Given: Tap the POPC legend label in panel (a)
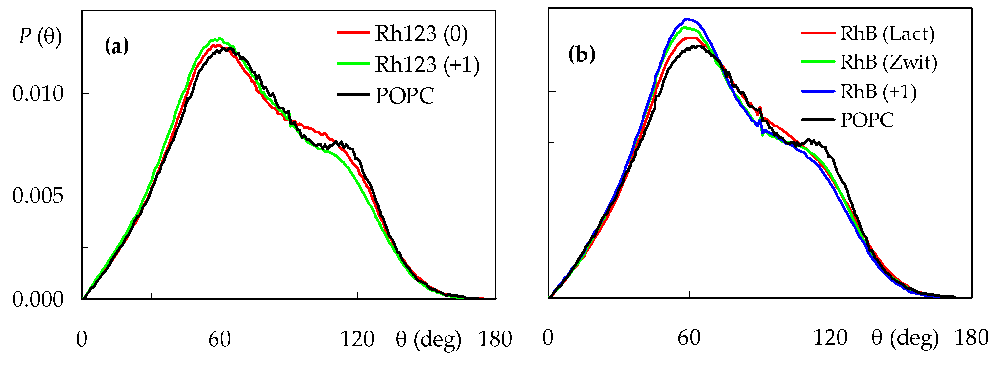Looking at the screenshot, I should coord(405,95).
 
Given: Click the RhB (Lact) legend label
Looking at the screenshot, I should coord(887,34).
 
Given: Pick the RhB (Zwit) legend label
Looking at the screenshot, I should coord(888,62).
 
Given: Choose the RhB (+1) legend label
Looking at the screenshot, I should coord(878,92).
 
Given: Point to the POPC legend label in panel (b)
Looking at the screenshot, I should coord(867,120).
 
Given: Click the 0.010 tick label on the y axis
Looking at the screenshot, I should coord(37,94).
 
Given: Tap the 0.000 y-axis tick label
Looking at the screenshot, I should coord(37,299).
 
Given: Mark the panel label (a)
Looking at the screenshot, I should coord(117,47).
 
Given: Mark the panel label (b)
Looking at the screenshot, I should coord(582,55).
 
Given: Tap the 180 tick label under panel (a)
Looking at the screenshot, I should coord(495,339).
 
